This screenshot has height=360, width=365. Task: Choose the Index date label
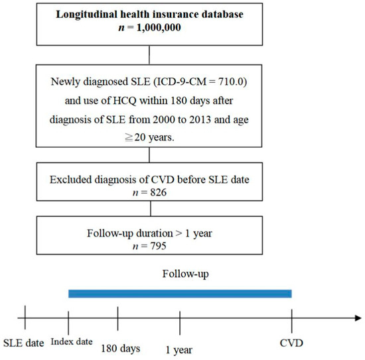[x=70, y=341]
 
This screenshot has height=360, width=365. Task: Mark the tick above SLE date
[x=24, y=318]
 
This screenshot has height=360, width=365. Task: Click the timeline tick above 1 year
[x=180, y=318]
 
